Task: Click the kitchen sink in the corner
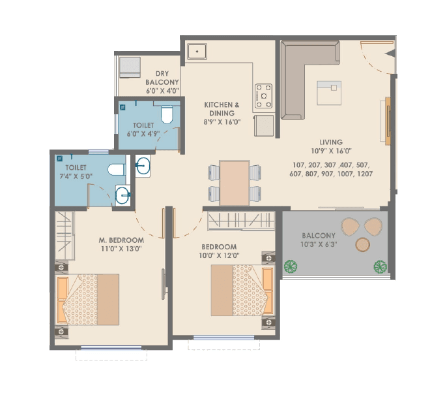[x=196, y=52]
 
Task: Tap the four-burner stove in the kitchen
[x=264, y=95]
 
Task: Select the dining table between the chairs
[x=234, y=183]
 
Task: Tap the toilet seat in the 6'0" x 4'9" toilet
[x=166, y=116]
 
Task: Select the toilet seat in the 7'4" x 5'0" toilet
[x=117, y=170]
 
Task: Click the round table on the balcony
[x=362, y=245]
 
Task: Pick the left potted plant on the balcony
[x=291, y=266]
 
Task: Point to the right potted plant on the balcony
[x=379, y=266]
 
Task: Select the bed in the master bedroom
[x=88, y=299]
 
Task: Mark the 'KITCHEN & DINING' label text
[x=222, y=108]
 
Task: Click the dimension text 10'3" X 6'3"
[x=319, y=245]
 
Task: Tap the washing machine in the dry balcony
[x=130, y=67]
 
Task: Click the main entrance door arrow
[x=390, y=53]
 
